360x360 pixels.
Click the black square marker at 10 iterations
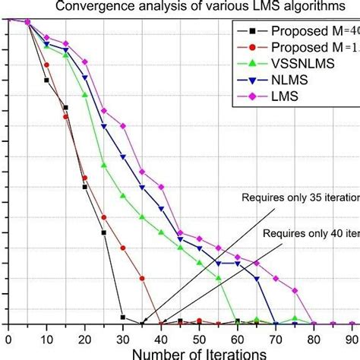pyautogui.click(x=46, y=80)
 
